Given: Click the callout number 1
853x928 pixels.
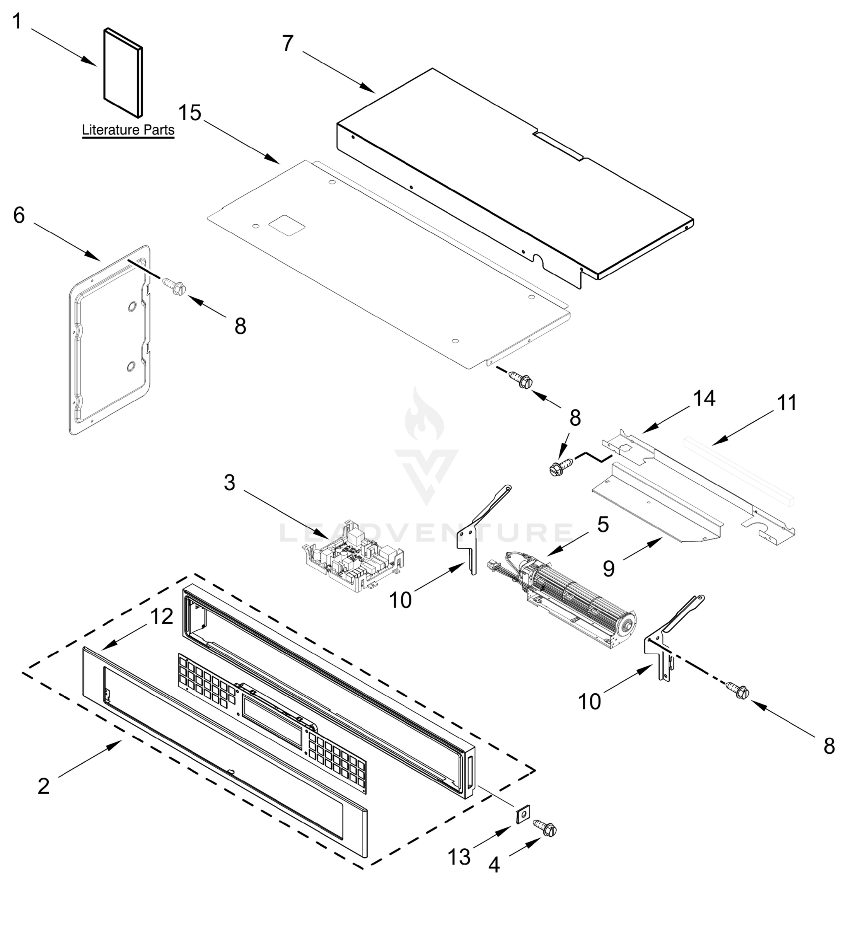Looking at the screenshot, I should [x=17, y=21].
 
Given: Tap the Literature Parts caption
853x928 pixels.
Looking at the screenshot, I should [x=128, y=130].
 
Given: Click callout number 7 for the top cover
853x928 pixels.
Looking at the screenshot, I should [x=288, y=43].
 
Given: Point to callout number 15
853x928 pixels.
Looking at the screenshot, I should [x=190, y=113].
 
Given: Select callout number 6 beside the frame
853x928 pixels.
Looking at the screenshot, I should [x=19, y=215].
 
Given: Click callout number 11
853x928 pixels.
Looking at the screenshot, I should [x=786, y=403].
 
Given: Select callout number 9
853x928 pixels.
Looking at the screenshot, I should [x=608, y=568].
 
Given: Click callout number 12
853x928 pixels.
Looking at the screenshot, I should [x=162, y=616].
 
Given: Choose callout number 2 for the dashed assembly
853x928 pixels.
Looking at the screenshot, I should [x=43, y=786].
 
